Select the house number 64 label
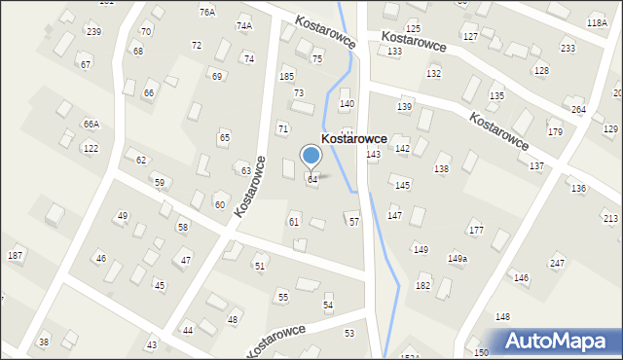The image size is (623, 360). click(312, 180)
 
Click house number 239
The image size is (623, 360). click(93, 32)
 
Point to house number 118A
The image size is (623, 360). click(597, 22)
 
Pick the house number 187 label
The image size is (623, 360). click(15, 255)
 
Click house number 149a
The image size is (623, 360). click(457, 258)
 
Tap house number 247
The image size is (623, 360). click(557, 264)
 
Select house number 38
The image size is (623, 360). click(43, 342)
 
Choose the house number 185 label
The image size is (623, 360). click(286, 76)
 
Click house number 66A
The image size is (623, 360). click(91, 125)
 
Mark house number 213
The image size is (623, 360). click(610, 218)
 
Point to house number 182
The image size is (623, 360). click(422, 285)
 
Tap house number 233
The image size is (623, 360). click(568, 49)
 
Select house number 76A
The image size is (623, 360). click(207, 13)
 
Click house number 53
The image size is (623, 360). click(349, 334)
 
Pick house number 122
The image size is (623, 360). click(91, 149)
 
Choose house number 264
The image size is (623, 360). click(578, 110)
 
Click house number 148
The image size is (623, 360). click(502, 317)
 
